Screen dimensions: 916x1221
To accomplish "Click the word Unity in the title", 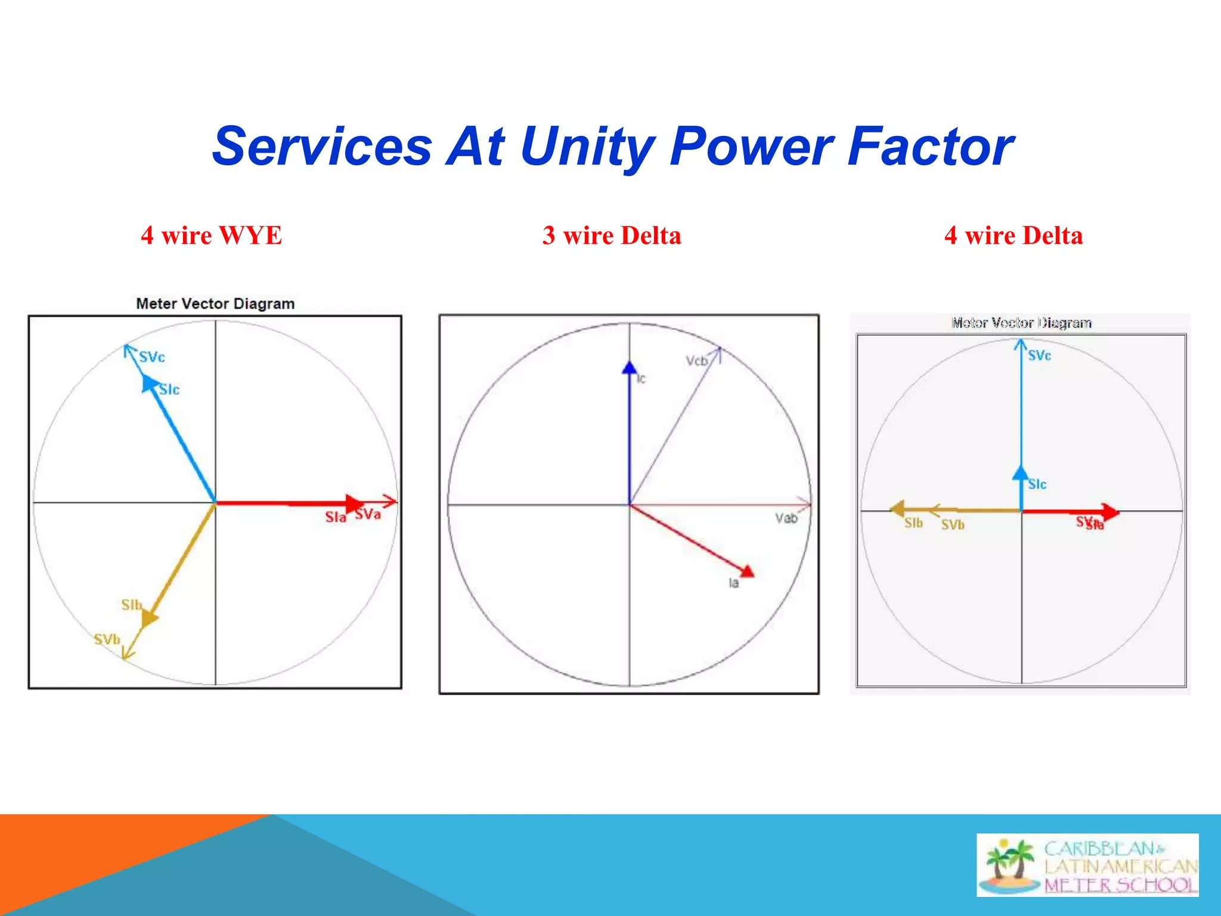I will [x=587, y=147].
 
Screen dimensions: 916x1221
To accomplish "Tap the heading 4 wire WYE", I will [x=211, y=236].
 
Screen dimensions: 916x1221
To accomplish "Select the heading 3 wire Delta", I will [x=611, y=236].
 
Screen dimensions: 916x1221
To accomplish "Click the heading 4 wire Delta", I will [x=1013, y=236].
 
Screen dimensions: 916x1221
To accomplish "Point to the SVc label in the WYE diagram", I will [x=151, y=357].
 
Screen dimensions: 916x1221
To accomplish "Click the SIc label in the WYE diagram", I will [x=169, y=390].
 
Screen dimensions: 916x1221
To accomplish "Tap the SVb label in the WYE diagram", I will [x=107, y=640].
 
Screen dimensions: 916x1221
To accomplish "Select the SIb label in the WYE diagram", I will [x=131, y=605].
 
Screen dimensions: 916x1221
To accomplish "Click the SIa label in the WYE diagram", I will [x=335, y=517].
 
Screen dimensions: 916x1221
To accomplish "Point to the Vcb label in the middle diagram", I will [x=696, y=361].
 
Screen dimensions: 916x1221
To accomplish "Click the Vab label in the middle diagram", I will [x=786, y=518].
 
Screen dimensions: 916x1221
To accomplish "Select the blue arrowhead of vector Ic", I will [x=629, y=368].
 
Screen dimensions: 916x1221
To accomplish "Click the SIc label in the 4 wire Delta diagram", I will [x=1037, y=484].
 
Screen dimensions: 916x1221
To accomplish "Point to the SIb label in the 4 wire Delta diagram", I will [x=913, y=523].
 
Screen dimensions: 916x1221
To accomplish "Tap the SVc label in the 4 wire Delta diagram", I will [x=1039, y=355].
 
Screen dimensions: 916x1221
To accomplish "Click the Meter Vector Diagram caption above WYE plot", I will [x=215, y=304].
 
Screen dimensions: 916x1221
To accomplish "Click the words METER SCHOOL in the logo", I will [x=1120, y=885].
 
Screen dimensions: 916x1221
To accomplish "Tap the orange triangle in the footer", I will [x=89, y=859].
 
